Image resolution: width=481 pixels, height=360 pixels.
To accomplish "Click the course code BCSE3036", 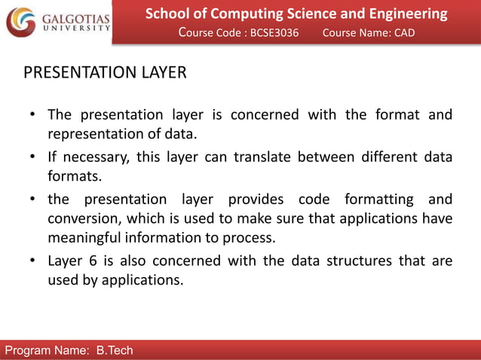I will (275, 33).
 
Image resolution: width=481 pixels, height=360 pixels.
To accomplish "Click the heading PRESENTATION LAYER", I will (105, 73).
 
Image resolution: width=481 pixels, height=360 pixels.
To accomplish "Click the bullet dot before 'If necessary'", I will (34, 158).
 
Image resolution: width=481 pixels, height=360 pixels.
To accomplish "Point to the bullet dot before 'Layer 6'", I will (34, 262).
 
